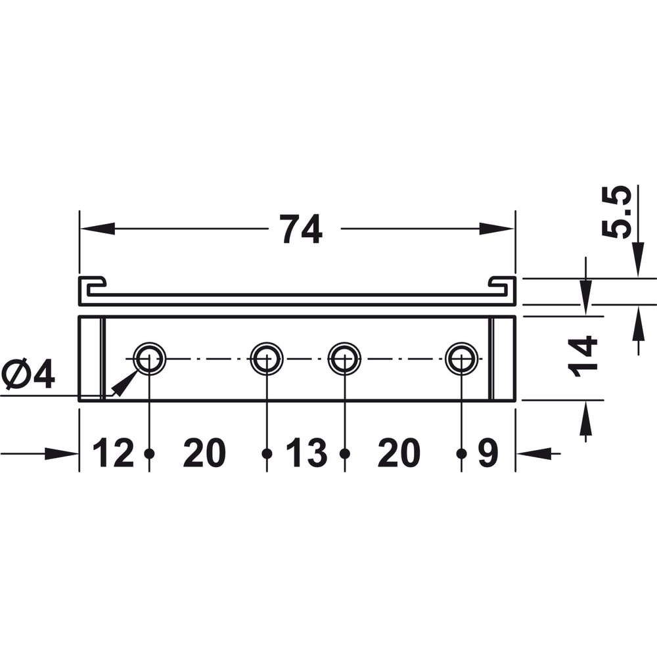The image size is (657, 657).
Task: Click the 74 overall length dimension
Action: (301, 229)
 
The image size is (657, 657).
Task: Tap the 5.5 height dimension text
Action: (616, 212)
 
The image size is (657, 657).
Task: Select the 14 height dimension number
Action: (582, 357)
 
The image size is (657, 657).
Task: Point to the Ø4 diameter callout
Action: (28, 374)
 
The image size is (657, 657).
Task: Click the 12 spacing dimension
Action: (113, 453)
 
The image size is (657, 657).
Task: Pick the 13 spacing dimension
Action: (306, 453)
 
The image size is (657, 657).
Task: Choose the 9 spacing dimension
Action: (488, 453)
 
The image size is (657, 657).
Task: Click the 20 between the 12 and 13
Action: (204, 453)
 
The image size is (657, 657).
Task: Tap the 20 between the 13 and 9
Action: (399, 453)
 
